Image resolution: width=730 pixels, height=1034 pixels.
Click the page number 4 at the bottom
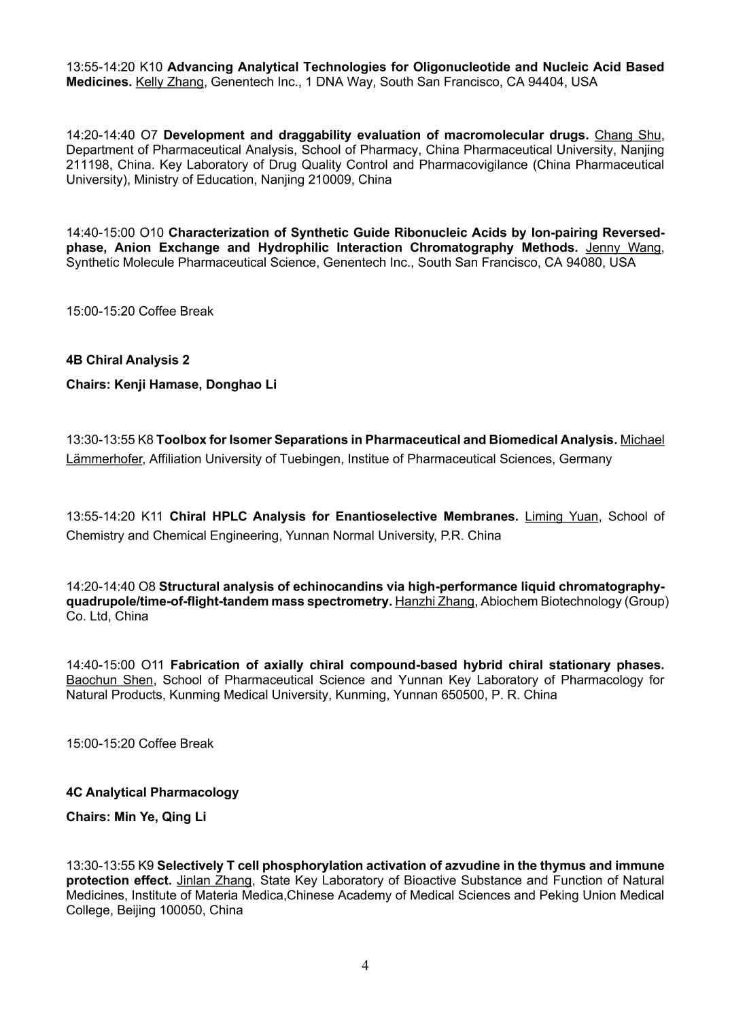365,965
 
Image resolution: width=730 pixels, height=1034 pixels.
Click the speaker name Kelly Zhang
169,82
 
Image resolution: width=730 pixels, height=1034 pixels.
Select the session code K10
151,67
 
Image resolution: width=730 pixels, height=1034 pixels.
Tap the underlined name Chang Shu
627,135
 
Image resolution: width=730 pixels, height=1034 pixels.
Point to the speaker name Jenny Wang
623,248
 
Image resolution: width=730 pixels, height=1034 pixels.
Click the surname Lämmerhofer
104,459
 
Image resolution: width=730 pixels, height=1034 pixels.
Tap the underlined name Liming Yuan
561,516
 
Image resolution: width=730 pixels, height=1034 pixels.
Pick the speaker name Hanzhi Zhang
434,601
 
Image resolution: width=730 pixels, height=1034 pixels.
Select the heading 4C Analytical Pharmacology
152,793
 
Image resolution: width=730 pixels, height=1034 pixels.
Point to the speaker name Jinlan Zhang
213,880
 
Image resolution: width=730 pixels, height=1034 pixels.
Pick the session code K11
152,516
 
